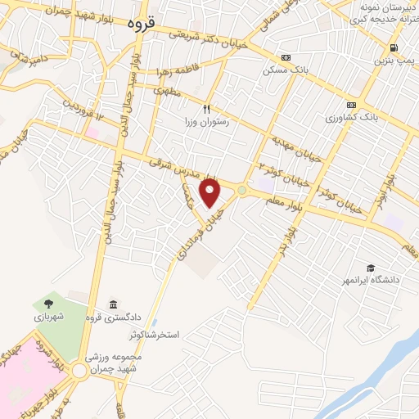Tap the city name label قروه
pos(140,25)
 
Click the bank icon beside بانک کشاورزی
pos(351,105)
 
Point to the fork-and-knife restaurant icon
pos(207,108)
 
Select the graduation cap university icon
pos(371,268)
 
